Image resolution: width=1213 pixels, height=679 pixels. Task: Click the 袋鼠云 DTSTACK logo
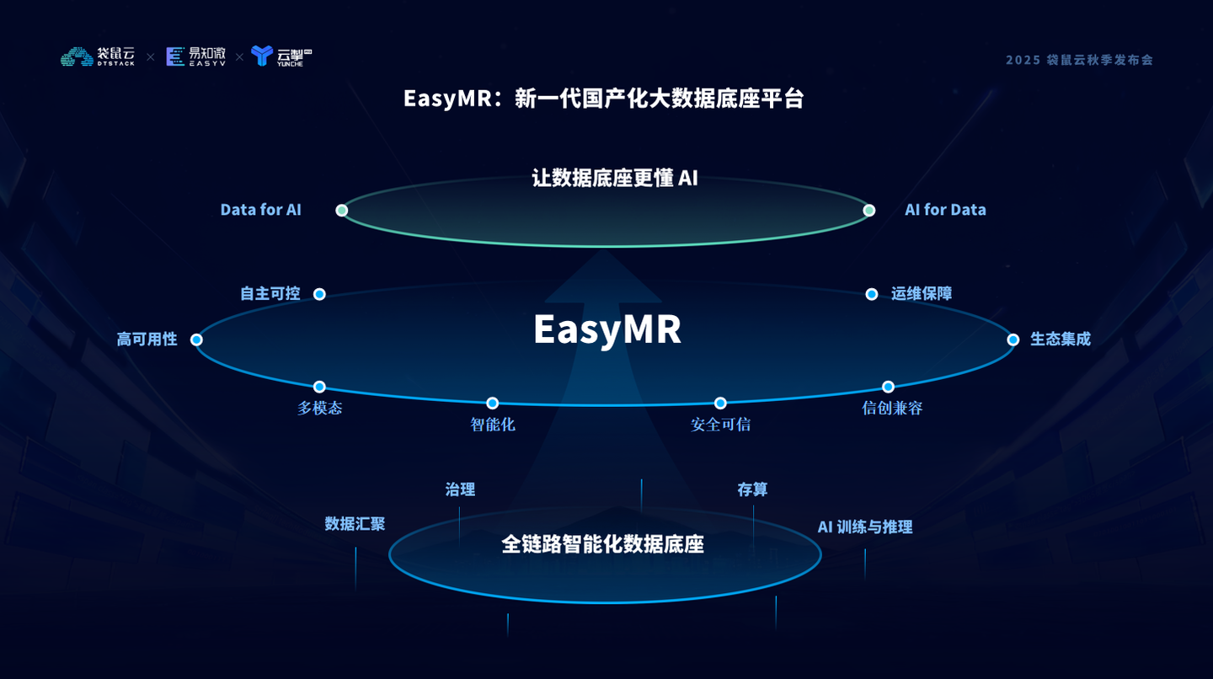[98, 56]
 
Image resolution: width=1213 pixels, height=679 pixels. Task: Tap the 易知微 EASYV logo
[195, 56]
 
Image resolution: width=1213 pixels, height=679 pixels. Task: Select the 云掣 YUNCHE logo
[281, 56]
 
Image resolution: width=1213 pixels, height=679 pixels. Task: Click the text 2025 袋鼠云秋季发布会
[1079, 60]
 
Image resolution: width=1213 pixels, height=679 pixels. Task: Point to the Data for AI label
[260, 210]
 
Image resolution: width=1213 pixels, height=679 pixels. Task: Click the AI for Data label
[945, 210]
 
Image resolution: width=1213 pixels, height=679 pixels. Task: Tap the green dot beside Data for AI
[341, 211]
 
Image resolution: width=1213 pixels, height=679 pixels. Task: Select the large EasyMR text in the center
[606, 329]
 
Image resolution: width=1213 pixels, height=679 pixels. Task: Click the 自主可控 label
[270, 293]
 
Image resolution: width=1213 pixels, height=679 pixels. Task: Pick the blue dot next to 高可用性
[196, 339]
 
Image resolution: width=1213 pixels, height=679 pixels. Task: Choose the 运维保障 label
[922, 293]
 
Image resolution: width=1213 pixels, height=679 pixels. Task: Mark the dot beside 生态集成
[1013, 339]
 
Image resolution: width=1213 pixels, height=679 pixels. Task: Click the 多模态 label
[319, 409]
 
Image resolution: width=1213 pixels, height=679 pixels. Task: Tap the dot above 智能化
[492, 404]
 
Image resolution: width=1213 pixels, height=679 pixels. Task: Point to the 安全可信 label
[720, 425]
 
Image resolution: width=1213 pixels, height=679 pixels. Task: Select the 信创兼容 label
[892, 409]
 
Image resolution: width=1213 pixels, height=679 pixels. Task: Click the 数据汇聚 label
[355, 523]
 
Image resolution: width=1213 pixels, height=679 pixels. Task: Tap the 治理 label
[460, 489]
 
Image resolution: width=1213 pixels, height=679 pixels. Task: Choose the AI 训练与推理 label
[865, 527]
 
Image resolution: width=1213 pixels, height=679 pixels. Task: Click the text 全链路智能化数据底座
[602, 544]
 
